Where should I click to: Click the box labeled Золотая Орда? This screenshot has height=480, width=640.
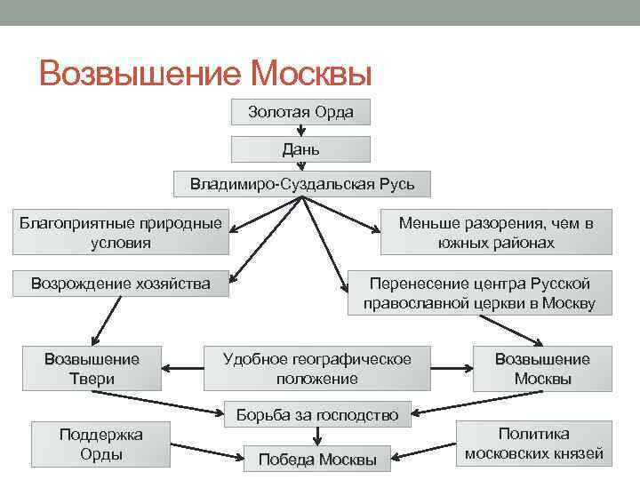300,112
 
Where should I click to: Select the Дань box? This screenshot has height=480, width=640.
300,148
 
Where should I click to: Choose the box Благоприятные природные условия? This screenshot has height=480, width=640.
121,233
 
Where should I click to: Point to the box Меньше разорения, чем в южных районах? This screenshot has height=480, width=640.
495,233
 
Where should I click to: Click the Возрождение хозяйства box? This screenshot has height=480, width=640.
121,284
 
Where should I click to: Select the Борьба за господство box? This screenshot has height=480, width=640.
317,413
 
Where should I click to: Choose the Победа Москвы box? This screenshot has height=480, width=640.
317,460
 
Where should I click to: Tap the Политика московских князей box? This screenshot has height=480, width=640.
533,444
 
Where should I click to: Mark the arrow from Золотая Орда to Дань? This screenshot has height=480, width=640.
300,130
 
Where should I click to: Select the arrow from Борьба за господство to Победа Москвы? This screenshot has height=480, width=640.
317,435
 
